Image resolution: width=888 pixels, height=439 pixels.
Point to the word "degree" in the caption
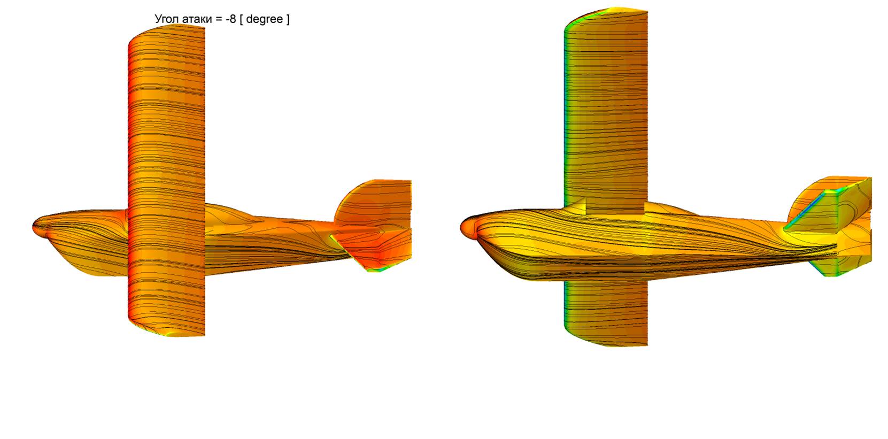pos(265,19)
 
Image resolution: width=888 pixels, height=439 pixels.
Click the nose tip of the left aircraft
pos(33,227)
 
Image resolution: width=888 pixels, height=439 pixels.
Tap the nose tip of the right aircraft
pos(461,228)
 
